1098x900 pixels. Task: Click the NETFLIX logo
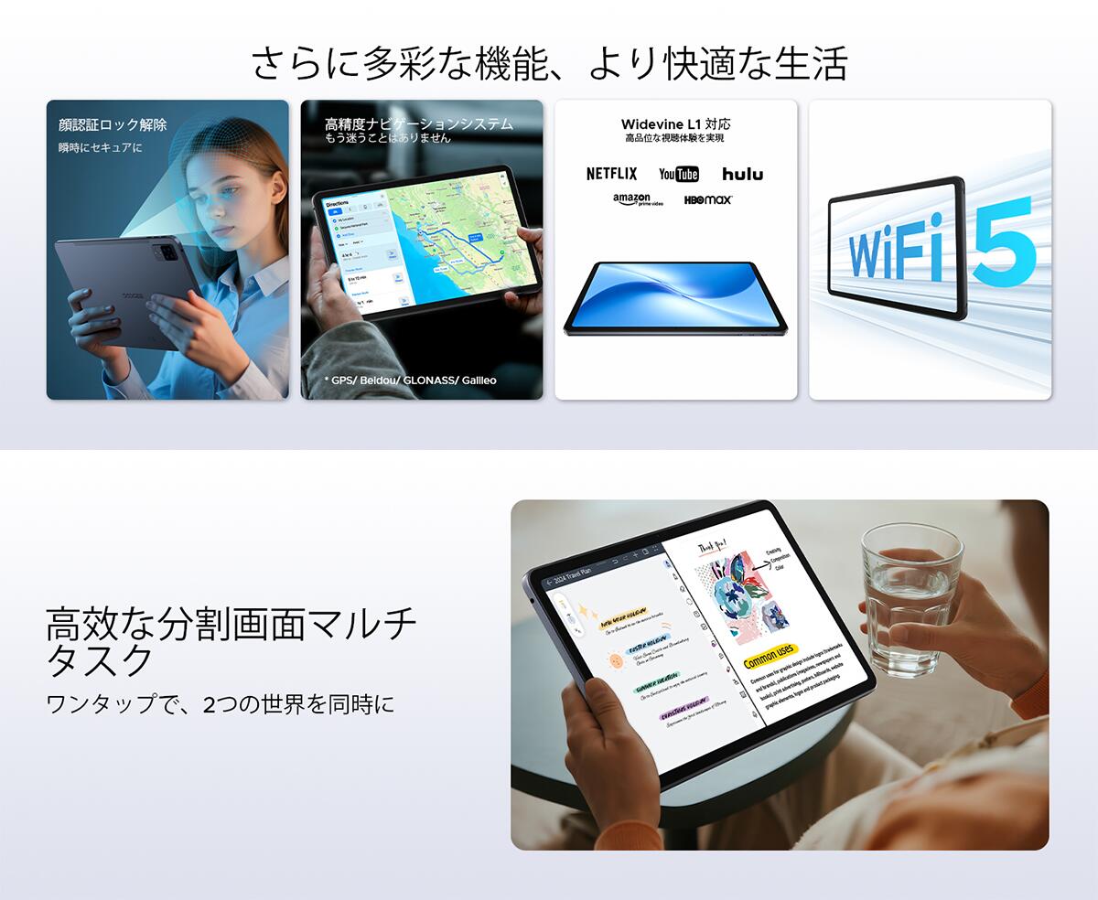pos(611,174)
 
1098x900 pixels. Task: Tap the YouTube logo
pos(678,174)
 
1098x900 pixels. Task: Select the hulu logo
pos(742,174)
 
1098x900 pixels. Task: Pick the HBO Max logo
pos(708,199)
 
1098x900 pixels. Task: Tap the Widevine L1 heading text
pos(675,123)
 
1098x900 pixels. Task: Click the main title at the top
pos(549,62)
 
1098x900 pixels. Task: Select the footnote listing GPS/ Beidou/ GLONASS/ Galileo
pos(410,380)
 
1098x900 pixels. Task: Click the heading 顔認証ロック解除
pos(113,124)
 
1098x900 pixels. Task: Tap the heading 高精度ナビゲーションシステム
pos(418,123)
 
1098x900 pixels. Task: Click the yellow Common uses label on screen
pos(770,656)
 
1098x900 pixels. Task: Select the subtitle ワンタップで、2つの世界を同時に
pos(220,705)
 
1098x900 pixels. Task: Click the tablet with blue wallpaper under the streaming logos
pos(674,297)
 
